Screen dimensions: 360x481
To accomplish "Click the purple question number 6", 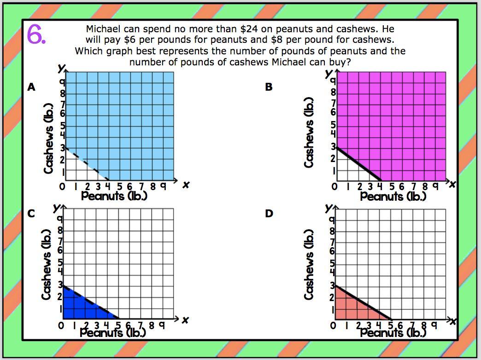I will pyautogui.click(x=36, y=34).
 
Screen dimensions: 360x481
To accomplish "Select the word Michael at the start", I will pyautogui.click(x=103, y=29).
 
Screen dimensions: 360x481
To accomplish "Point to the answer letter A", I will pyautogui.click(x=31, y=87).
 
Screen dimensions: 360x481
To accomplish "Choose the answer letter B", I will pyautogui.click(x=269, y=87).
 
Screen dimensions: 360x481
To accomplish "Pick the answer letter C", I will pyautogui.click(x=31, y=213).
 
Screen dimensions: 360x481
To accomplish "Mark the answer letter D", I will pyautogui.click(x=269, y=213).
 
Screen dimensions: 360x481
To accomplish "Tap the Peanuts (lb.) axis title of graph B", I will pyautogui.click(x=393, y=197).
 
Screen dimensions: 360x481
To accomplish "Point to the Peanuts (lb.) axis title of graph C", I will pyautogui.click(x=113, y=332).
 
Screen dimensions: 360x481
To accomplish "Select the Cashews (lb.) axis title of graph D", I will pyautogui.click(x=309, y=264).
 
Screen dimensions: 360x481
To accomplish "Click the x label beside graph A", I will pyautogui.click(x=186, y=185).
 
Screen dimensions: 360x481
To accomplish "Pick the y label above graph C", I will pyautogui.click(x=56, y=209).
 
